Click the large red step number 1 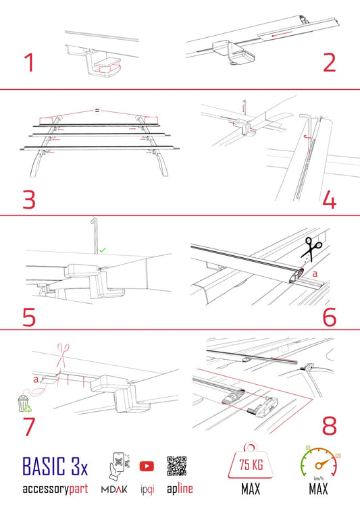click(28, 63)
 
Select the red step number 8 click(329, 425)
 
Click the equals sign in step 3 click(95, 109)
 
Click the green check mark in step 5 click(102, 250)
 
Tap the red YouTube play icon click(147, 466)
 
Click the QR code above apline click(177, 466)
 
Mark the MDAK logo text click(117, 488)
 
